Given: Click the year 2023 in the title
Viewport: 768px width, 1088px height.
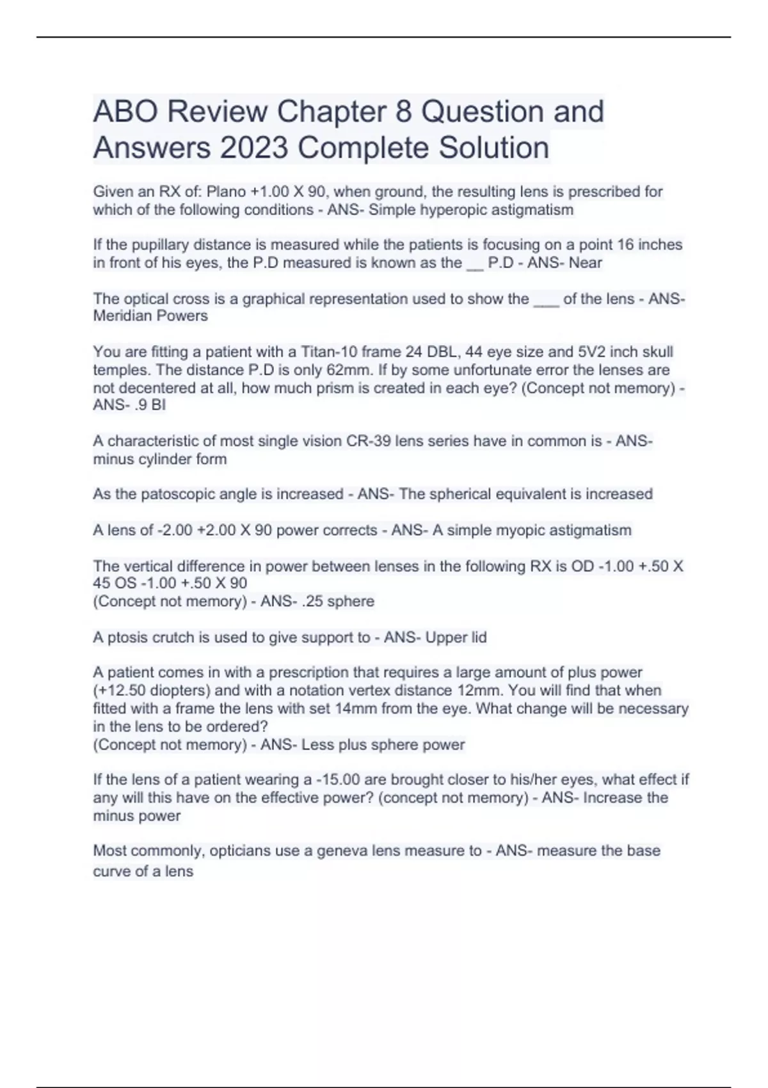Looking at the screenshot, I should coord(253,148).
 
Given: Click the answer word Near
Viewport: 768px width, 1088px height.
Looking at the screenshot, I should coord(585,263).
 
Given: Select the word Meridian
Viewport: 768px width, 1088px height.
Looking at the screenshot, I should coord(122,316).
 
